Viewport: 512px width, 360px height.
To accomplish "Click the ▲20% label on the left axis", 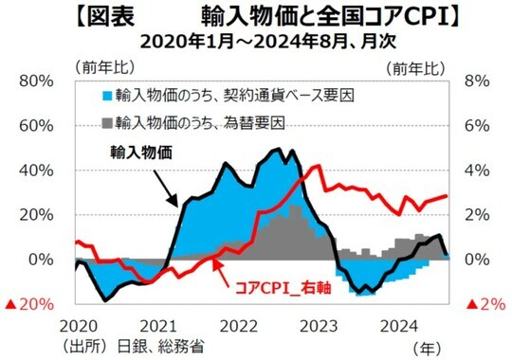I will [x=31, y=304].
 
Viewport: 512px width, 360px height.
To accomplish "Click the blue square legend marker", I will [x=107, y=96].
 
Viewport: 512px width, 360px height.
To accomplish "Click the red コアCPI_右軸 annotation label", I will [x=288, y=286].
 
